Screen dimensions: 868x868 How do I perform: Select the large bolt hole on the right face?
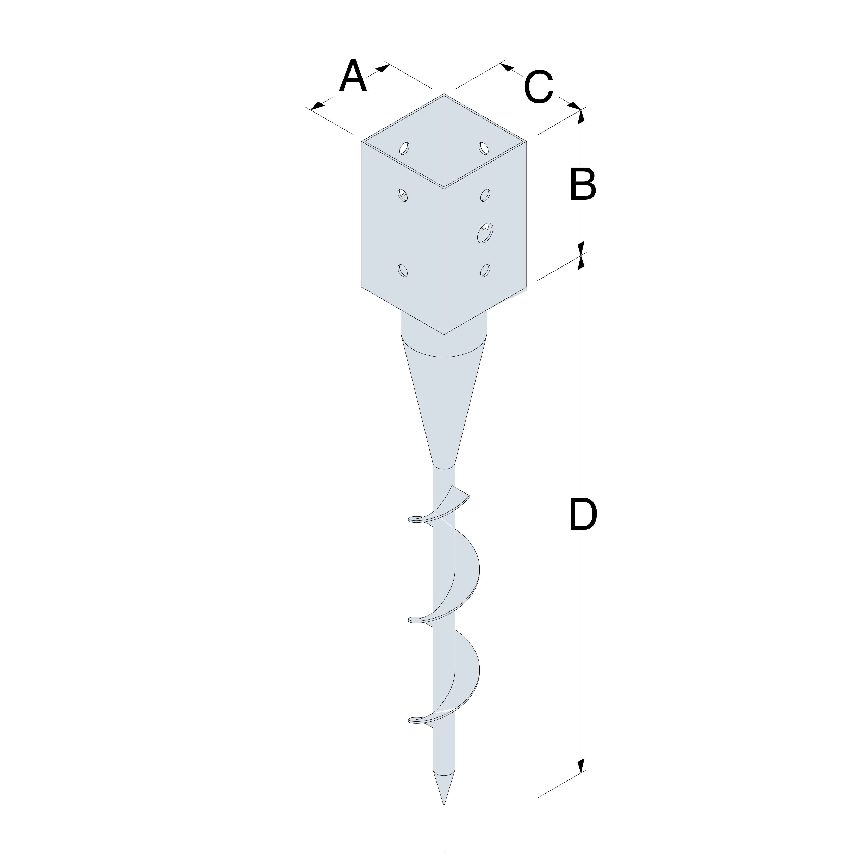coord(485,233)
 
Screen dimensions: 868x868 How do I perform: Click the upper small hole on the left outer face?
coord(403,195)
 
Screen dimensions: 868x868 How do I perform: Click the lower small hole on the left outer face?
coord(403,271)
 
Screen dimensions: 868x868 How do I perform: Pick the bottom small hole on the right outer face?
coord(485,271)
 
